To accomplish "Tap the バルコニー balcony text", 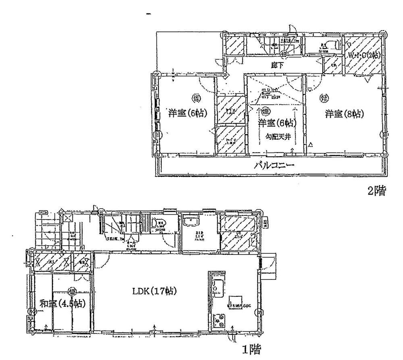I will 274,165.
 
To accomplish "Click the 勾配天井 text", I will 277,137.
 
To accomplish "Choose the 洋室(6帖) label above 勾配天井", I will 277,122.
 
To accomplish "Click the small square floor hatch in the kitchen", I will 236,302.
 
